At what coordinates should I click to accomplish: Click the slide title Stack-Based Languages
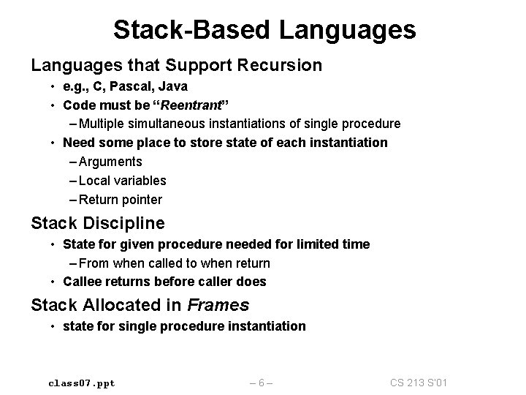coord(264,30)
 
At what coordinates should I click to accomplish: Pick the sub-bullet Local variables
coord(121,181)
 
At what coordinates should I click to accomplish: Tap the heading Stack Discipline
coord(98,222)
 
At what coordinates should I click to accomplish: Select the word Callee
coord(83,282)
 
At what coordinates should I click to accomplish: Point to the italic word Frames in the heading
coord(218,305)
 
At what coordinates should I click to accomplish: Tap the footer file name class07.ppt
coord(82,382)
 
